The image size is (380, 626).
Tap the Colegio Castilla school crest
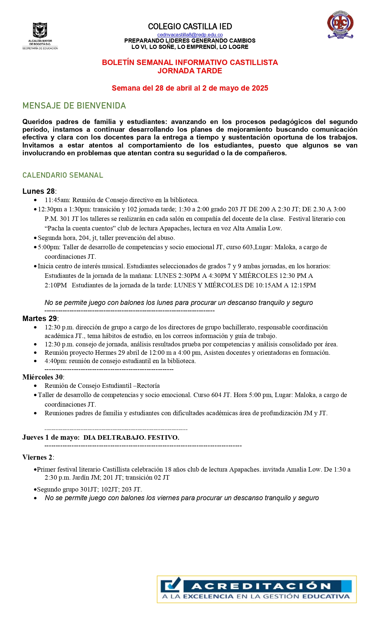(x=340, y=25)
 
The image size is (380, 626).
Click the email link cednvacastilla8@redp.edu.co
(x=190, y=35)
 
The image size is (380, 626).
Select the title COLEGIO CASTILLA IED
(x=190, y=27)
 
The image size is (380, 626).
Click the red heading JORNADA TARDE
(x=190, y=71)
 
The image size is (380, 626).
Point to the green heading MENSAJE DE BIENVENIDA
(x=74, y=106)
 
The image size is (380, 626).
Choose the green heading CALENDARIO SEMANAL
(x=63, y=175)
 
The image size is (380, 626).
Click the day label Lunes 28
(x=39, y=191)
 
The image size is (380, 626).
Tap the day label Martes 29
(x=40, y=319)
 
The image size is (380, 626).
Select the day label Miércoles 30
(x=43, y=377)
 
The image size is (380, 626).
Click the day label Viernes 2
(x=38, y=457)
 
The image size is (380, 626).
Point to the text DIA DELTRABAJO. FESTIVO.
(x=131, y=438)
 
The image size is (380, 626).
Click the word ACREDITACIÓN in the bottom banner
(x=261, y=586)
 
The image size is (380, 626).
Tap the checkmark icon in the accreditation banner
(x=171, y=585)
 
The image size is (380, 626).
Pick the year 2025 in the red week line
(x=260, y=88)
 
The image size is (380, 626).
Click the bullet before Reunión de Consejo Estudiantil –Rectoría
(x=35, y=386)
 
